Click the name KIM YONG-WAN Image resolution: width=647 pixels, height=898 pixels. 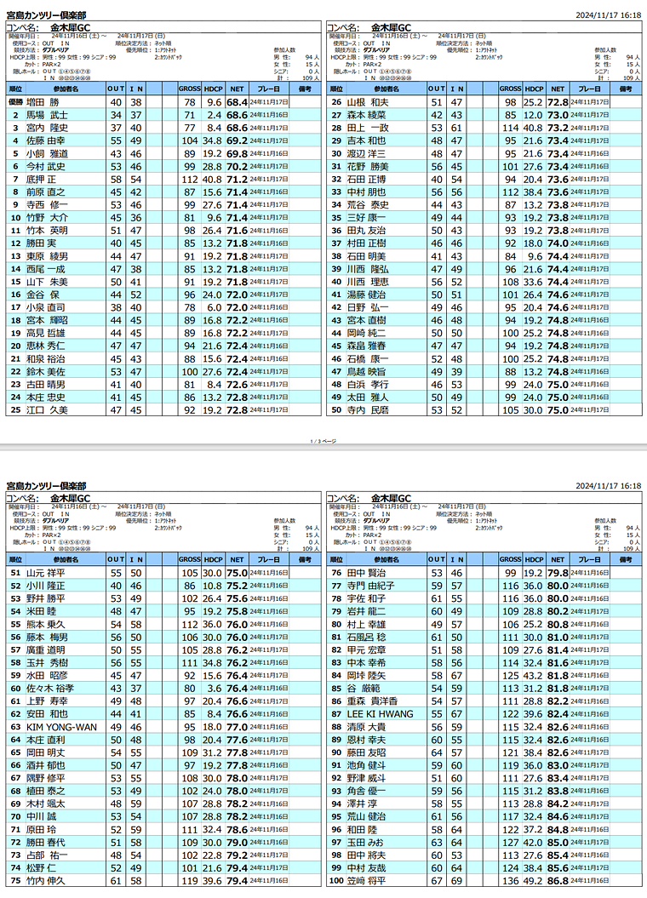pos(61,727)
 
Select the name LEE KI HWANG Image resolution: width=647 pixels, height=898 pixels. pos(378,713)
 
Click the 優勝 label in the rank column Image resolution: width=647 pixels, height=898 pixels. pos(15,101)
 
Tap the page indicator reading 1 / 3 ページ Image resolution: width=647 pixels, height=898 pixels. pos(323,441)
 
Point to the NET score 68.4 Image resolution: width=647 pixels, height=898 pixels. pos(237,101)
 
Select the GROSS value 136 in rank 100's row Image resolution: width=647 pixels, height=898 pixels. pos(509,880)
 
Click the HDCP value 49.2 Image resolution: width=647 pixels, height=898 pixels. pos(534,880)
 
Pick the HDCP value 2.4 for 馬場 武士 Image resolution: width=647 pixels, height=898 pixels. pos(214,114)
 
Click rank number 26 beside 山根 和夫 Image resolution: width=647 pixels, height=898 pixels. pos(335,101)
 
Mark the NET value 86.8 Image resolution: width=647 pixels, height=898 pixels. pos(558,880)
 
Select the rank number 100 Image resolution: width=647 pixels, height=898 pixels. pos(335,880)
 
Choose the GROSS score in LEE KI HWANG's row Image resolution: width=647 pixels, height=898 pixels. pos(509,713)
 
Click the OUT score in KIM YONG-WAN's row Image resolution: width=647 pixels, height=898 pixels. pos(115,727)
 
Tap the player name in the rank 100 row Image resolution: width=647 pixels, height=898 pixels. pos(366,880)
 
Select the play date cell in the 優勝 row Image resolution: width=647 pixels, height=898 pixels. pos(269,101)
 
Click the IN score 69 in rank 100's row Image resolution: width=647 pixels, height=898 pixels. pos(458,880)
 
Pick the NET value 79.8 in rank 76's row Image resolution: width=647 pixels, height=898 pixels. pos(558,573)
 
